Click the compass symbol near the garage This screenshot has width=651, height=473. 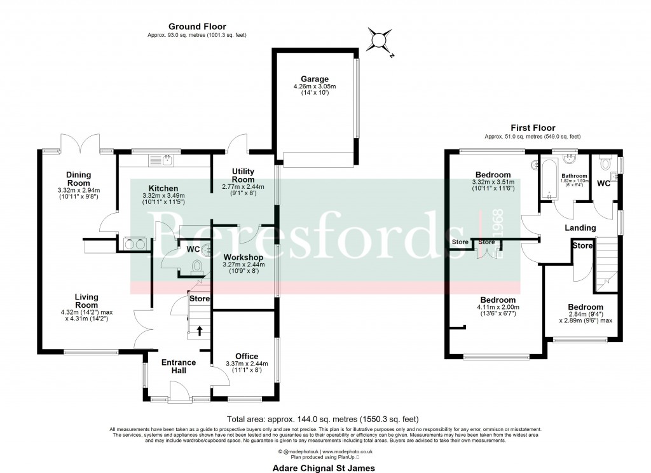tap(379, 40)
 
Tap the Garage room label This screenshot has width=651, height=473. tap(315, 79)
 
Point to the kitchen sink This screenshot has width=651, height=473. tap(167, 160)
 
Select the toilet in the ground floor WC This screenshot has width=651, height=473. tap(198, 266)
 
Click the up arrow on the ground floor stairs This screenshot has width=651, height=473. tap(201, 330)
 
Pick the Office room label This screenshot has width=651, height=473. tap(246, 356)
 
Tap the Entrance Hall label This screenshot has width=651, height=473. tap(179, 367)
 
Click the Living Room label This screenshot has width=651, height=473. tap(86, 301)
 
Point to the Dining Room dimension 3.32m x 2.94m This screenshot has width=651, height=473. tap(79, 190)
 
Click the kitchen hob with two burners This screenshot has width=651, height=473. tap(135, 242)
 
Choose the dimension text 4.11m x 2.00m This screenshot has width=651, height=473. tap(498, 307)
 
